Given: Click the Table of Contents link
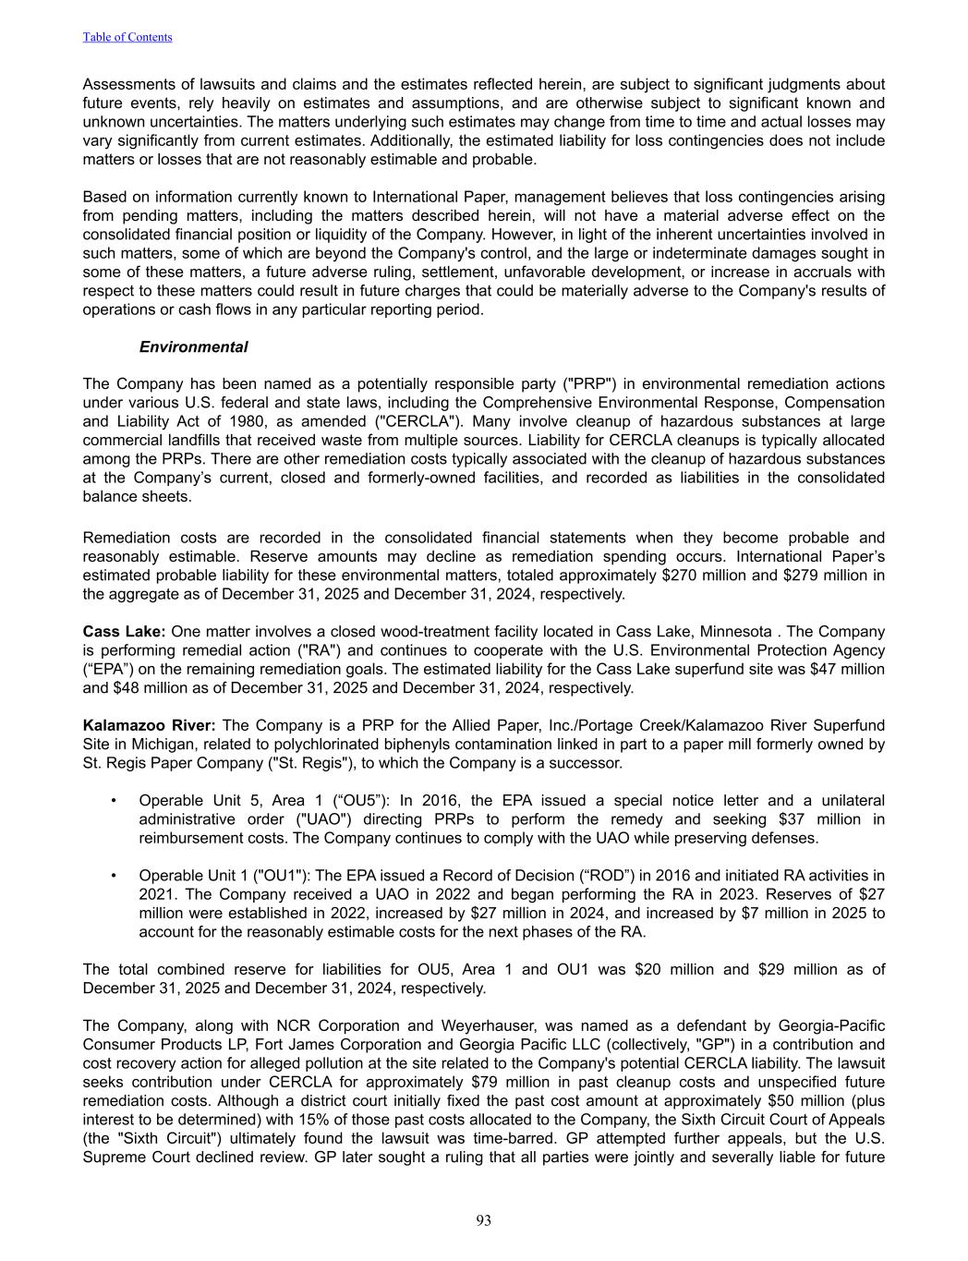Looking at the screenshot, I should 127,37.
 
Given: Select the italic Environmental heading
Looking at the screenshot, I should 193,347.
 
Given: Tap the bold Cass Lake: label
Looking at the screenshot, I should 124,632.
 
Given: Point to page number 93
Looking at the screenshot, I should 484,1220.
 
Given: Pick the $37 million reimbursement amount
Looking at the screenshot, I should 810,819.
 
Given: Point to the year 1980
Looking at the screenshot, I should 239,421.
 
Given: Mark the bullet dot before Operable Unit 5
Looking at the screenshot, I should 113,801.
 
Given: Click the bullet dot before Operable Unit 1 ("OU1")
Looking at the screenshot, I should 113,876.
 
